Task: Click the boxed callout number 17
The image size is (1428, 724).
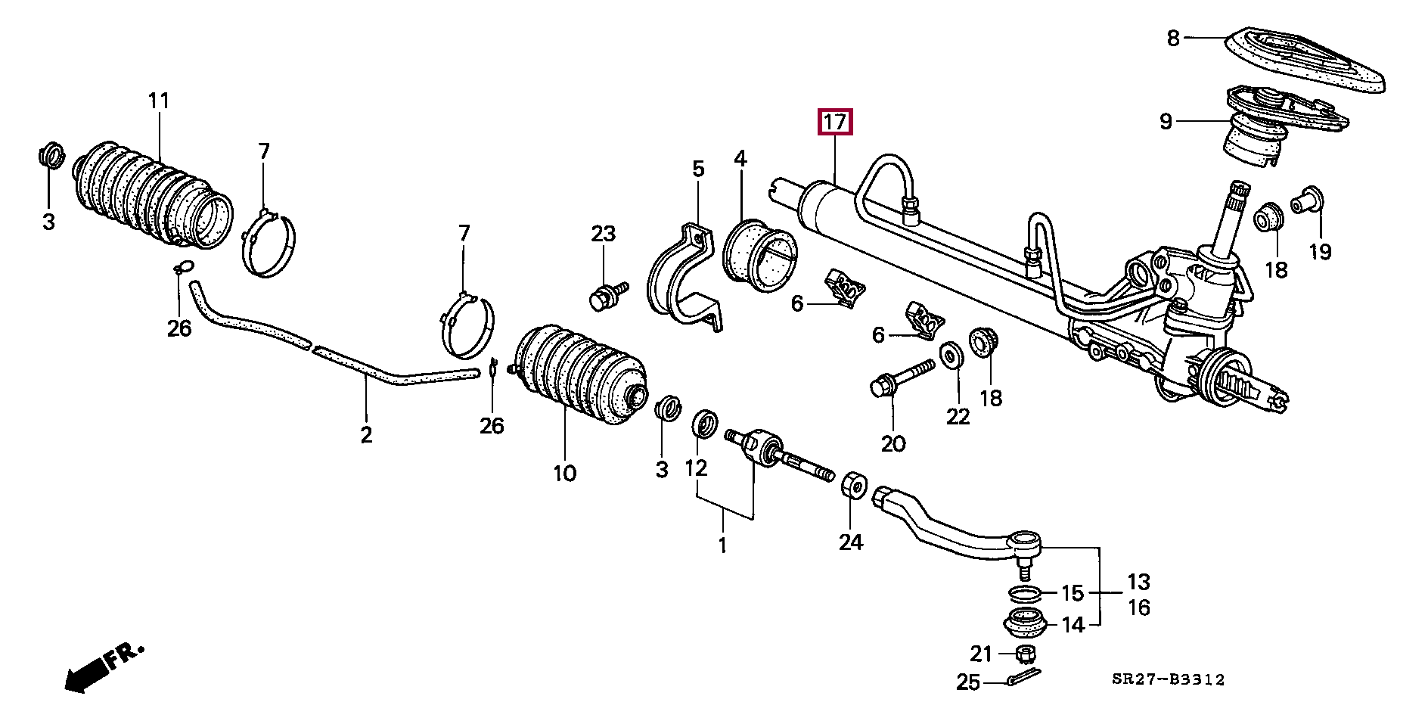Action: tap(834, 122)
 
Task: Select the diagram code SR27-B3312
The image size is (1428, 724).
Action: tap(1168, 679)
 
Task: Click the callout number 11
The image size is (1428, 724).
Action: tap(159, 101)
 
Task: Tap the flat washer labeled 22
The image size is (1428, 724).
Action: tap(951, 356)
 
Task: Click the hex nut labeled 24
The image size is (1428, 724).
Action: tap(852, 483)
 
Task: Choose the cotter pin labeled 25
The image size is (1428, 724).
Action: tap(1023, 678)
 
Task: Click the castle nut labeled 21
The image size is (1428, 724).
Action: tap(1025, 653)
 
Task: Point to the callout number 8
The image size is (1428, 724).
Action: tap(1173, 38)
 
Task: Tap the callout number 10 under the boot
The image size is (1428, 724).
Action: tap(564, 474)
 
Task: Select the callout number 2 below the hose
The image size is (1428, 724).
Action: tap(366, 435)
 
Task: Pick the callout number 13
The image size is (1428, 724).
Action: tap(1138, 582)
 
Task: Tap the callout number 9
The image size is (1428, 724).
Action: tap(1166, 121)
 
